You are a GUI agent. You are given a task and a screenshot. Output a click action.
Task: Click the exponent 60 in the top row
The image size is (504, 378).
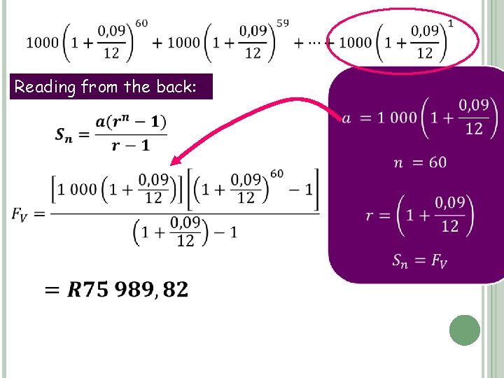(x=141, y=24)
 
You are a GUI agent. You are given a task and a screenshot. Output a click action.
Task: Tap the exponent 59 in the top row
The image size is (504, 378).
(x=282, y=24)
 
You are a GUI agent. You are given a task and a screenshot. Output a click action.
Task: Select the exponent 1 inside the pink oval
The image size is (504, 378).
(x=450, y=24)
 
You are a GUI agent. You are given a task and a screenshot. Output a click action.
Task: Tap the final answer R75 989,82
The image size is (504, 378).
(x=127, y=289)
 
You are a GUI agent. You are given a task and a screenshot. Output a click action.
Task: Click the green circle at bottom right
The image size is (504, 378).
(x=464, y=330)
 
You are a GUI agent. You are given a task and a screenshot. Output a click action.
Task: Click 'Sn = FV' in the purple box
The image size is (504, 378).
(x=419, y=261)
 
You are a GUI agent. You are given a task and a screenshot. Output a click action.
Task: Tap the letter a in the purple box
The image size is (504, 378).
(x=346, y=118)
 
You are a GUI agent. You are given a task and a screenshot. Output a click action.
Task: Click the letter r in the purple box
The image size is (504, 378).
(x=369, y=216)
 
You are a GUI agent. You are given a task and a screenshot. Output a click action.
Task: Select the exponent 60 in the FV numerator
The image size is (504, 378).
(x=277, y=173)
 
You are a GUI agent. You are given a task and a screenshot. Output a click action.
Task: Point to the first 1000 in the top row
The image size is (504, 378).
(x=43, y=43)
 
